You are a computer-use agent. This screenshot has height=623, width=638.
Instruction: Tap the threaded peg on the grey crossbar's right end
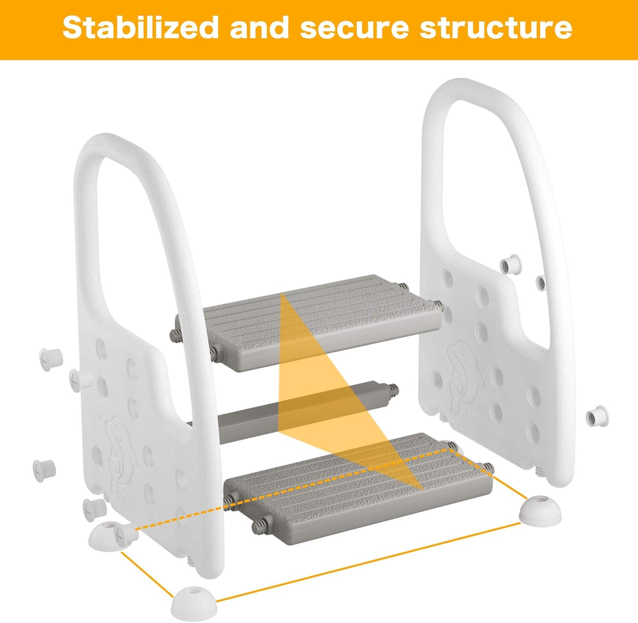tap(394, 390)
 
